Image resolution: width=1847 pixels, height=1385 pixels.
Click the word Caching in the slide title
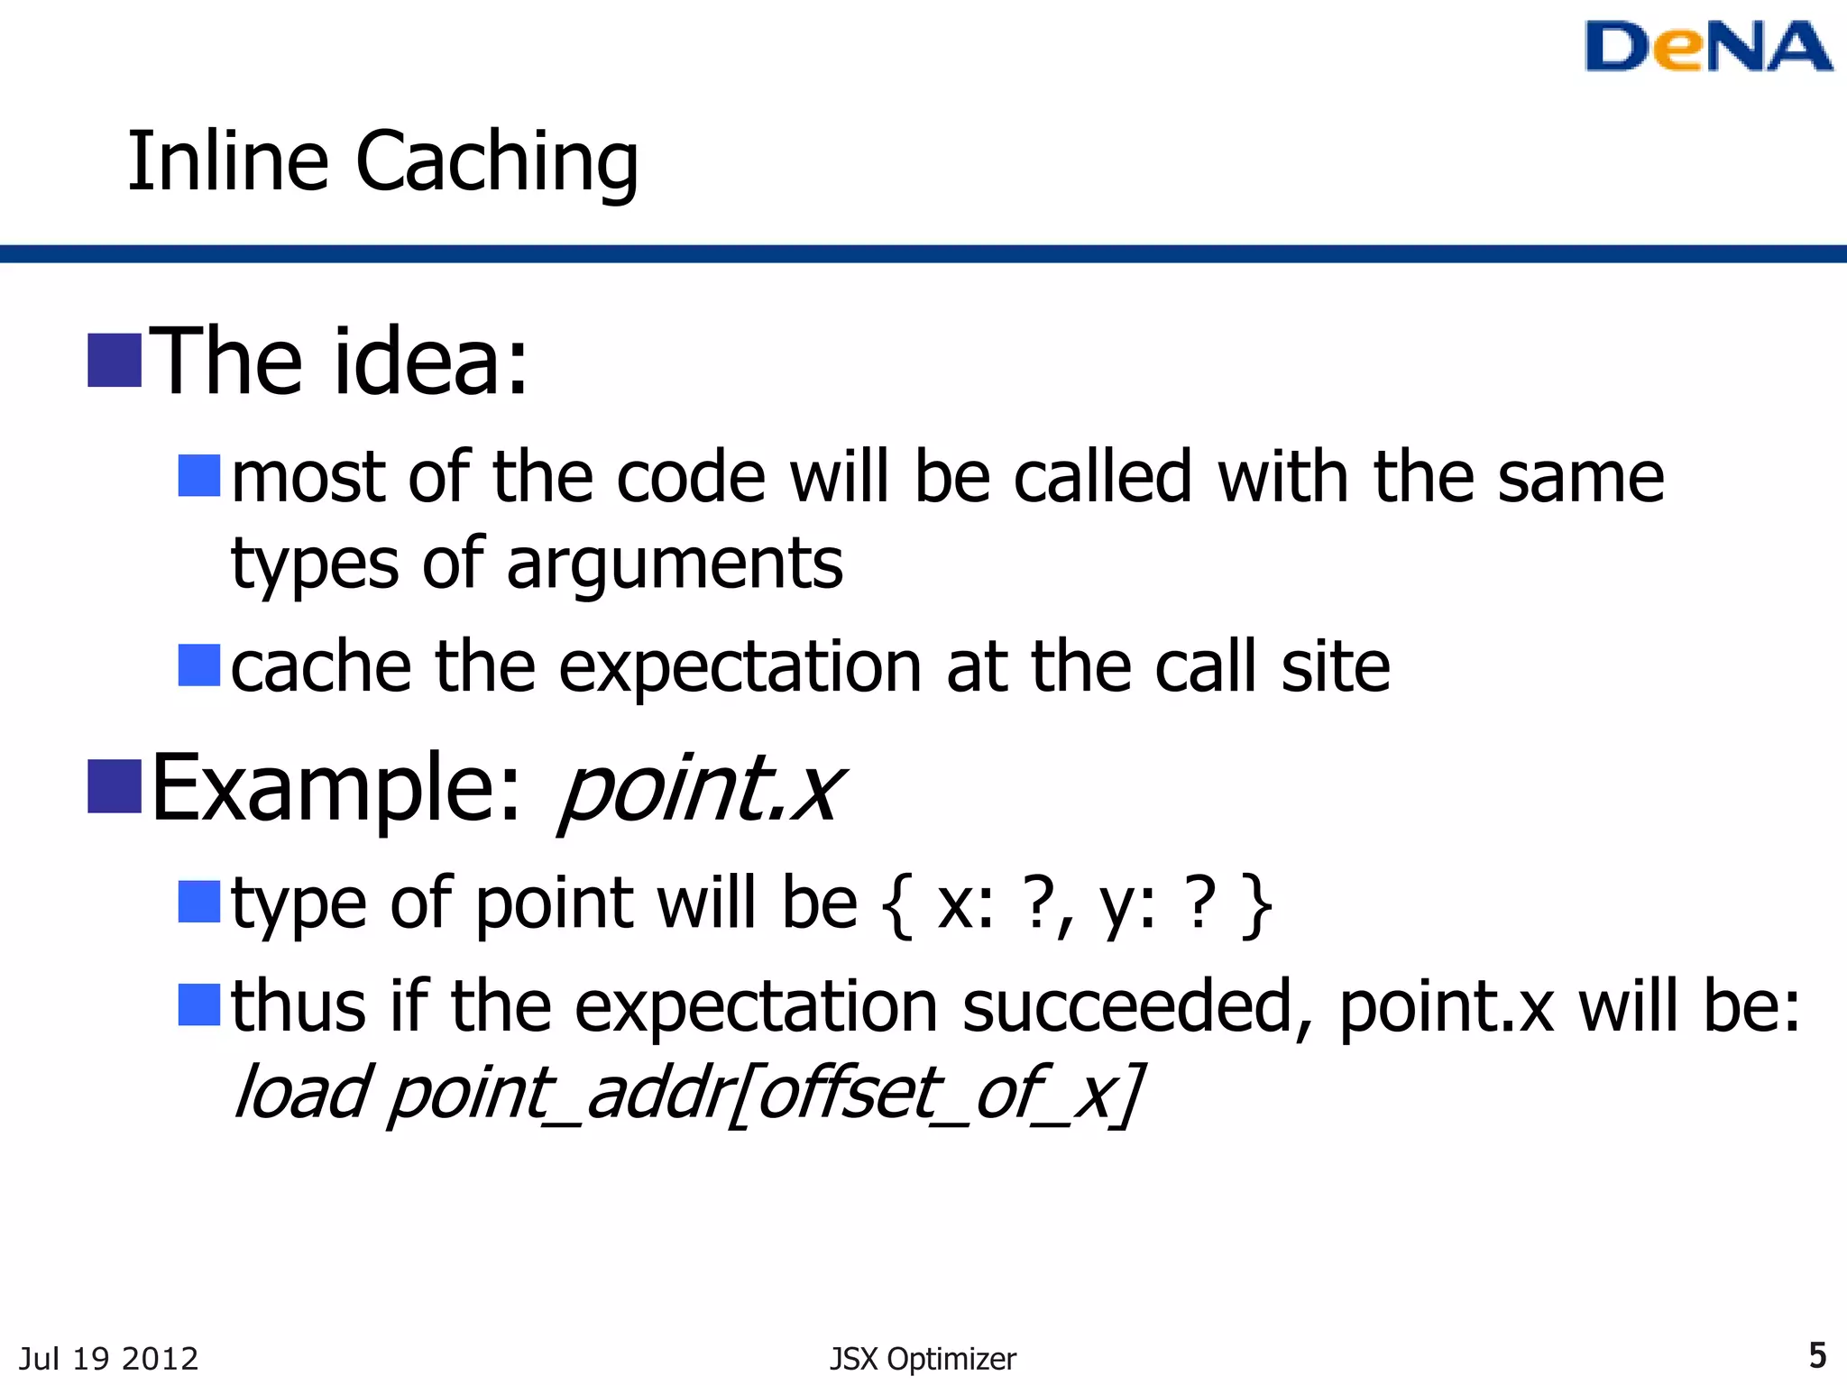pos(497,162)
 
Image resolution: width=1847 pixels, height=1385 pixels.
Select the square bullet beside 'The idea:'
pos(115,361)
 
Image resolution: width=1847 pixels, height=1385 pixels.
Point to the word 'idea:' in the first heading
pos(430,362)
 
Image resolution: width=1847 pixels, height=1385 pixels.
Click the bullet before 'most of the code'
pos(199,476)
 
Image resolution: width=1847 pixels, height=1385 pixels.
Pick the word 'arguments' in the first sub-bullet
pos(675,564)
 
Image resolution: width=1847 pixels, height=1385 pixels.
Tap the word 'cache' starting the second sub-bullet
pos(321,667)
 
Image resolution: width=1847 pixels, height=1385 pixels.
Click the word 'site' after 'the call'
pos(1335,667)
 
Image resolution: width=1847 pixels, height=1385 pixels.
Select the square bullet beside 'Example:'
pos(115,786)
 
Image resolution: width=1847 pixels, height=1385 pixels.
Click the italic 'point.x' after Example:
pos(701,790)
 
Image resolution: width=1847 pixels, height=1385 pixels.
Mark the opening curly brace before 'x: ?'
pos(897,905)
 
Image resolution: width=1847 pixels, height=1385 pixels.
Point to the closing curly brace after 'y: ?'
pos(1257,905)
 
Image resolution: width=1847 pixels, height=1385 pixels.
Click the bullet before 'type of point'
pos(199,903)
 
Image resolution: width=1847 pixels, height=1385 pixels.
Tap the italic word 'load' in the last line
pos(300,1093)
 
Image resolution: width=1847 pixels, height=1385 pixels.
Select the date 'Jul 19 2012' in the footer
pos(108,1359)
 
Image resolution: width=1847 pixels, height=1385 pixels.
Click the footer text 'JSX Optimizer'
pos(923,1359)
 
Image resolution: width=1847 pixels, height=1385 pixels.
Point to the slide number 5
pos(1817,1355)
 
